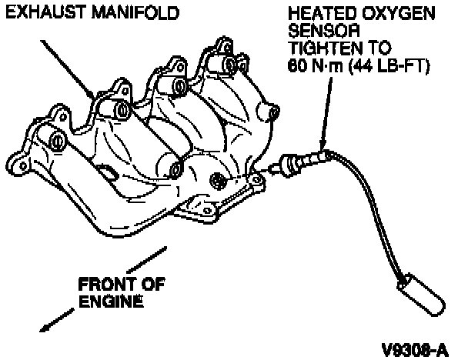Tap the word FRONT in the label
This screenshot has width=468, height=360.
click(x=104, y=285)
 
